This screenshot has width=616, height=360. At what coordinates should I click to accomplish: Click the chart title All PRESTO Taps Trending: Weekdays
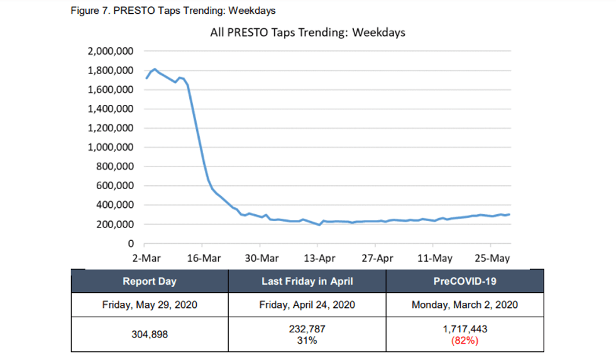click(x=307, y=33)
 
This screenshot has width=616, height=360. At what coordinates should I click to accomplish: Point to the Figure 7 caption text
click(x=173, y=11)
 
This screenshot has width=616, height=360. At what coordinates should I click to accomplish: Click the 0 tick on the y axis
click(x=131, y=244)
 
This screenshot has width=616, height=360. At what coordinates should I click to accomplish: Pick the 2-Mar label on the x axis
click(x=145, y=258)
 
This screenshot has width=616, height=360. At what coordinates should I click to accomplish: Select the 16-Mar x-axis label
click(x=204, y=258)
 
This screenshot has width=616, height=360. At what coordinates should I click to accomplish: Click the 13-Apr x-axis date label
click(x=319, y=258)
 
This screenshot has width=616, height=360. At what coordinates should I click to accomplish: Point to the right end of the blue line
click(x=509, y=214)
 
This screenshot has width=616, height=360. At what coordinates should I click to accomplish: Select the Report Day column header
click(x=150, y=281)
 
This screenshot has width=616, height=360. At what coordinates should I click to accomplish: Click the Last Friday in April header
click(x=307, y=281)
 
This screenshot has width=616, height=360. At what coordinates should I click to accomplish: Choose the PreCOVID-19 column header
click(x=465, y=281)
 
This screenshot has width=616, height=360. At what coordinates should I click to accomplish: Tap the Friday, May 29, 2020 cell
click(x=150, y=305)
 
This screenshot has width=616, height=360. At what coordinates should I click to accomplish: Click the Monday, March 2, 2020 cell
click(x=465, y=305)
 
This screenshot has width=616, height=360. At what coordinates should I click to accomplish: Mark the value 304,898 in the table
click(x=150, y=335)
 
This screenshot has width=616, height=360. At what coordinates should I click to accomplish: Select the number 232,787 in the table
click(x=307, y=329)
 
